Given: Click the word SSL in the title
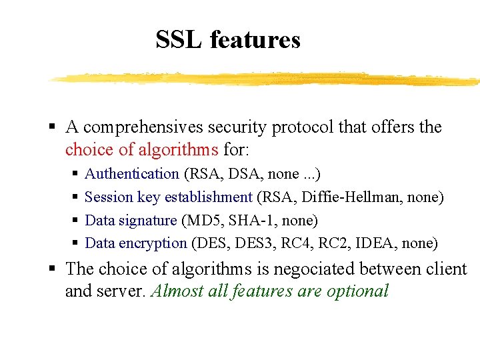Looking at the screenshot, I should [179, 40].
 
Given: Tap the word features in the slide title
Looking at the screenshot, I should [255, 40].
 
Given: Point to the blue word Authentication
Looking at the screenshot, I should [132, 174].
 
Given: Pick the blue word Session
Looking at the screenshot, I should [109, 197].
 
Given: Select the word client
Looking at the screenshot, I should [447, 269].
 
